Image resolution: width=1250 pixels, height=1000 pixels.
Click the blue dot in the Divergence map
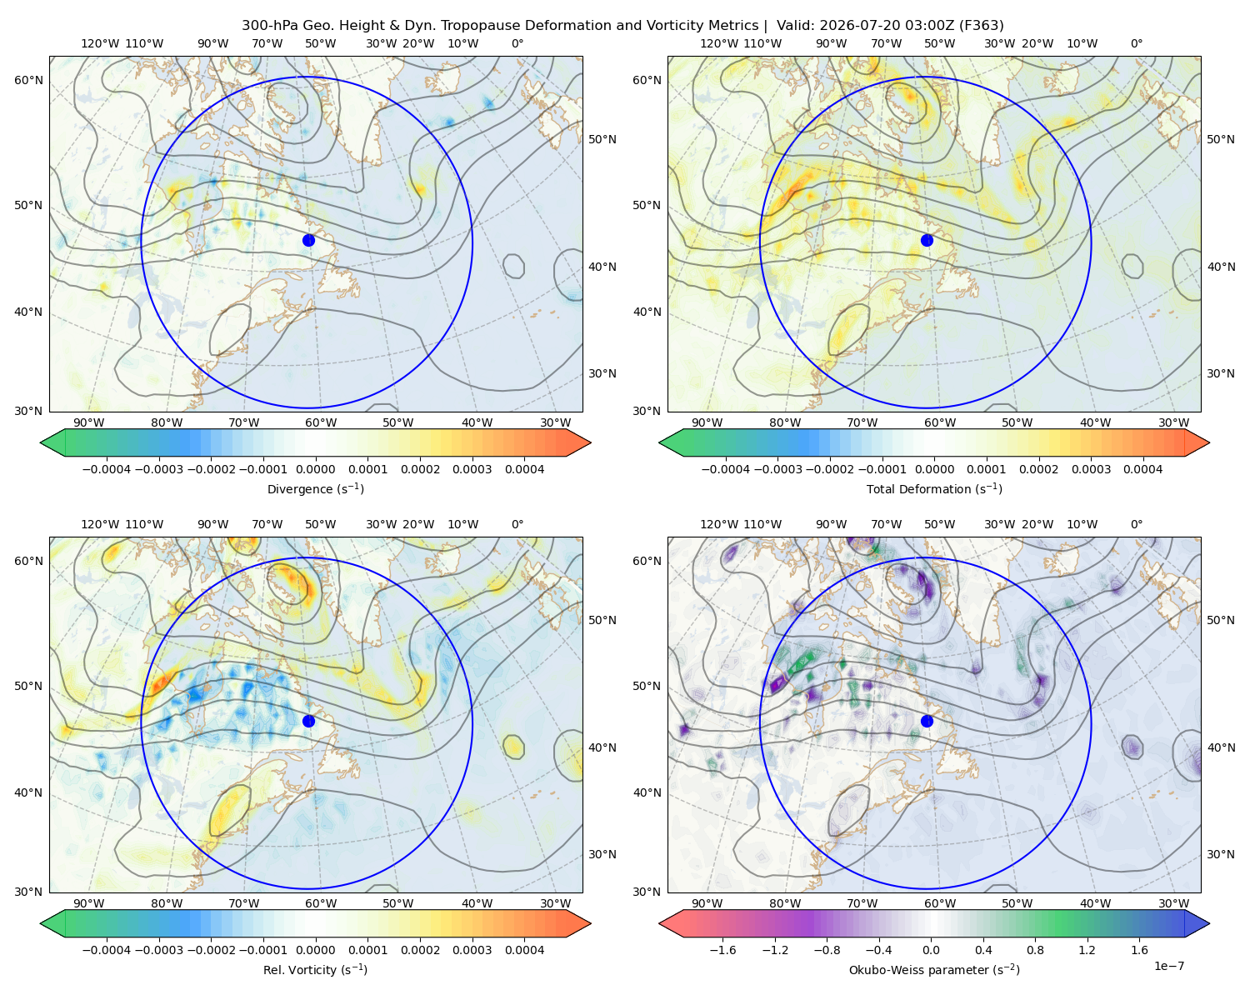308,241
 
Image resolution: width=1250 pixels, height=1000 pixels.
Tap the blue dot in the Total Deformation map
927,241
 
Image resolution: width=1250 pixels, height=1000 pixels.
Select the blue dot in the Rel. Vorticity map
308,721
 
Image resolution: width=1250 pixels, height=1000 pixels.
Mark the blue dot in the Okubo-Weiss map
927,721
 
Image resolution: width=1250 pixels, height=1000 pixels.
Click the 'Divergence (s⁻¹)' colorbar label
315,489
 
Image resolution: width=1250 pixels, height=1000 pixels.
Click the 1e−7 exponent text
1168,967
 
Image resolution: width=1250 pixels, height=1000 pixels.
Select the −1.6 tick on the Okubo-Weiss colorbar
722,950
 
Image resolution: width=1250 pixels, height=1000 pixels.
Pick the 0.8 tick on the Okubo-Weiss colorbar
1035,950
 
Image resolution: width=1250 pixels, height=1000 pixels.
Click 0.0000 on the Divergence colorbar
315,469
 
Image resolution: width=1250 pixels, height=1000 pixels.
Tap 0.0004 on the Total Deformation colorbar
1142,469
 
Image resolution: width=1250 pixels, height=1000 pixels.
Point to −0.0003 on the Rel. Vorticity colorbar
158,950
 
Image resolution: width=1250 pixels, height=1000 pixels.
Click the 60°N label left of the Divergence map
28,80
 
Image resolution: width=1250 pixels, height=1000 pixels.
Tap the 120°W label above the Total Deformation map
719,43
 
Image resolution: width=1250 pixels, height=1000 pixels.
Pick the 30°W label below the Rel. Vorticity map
555,903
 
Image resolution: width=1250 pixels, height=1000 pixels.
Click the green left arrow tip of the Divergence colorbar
41,442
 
